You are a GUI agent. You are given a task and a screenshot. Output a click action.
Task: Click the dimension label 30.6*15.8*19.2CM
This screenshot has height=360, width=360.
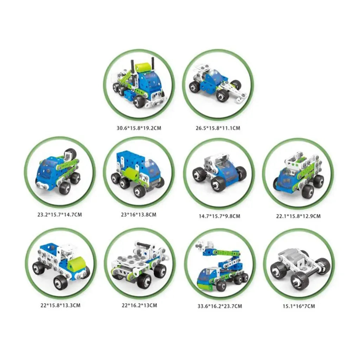(139, 128)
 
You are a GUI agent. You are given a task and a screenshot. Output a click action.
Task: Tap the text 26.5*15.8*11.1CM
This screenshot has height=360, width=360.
(218, 128)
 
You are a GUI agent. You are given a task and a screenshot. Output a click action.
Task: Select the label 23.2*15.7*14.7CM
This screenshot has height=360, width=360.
(60, 215)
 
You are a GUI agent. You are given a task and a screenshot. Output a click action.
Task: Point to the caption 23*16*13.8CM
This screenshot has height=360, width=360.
(139, 215)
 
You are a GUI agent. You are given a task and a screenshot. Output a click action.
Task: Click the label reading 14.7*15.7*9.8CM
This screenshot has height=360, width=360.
(219, 216)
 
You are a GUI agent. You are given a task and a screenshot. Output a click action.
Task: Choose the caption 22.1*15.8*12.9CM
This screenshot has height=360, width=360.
(298, 216)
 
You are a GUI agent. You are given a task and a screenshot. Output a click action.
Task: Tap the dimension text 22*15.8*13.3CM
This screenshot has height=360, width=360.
(60, 306)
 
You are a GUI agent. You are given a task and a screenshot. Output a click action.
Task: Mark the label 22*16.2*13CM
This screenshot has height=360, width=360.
(139, 306)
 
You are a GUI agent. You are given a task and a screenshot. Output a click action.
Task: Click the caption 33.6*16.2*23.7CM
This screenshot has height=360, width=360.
(220, 306)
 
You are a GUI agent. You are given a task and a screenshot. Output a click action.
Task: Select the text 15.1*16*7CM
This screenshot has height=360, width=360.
(299, 306)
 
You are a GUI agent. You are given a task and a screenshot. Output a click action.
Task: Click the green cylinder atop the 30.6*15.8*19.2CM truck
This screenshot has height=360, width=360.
(142, 68)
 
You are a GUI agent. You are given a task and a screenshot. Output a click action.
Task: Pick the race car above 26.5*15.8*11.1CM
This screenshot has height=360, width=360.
(217, 84)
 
